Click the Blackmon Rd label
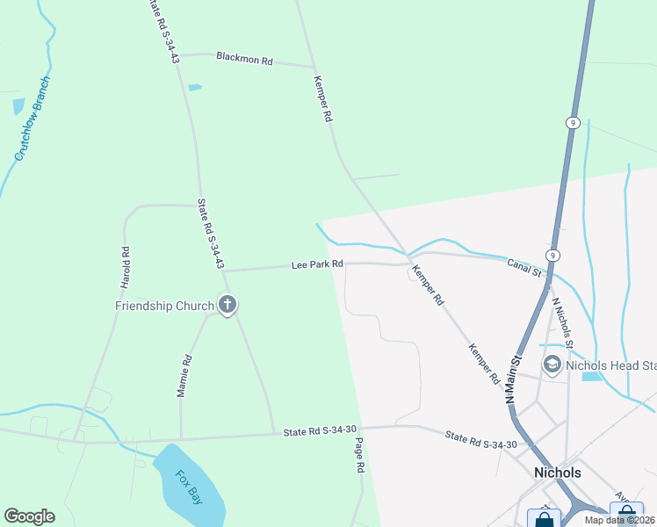pos(245,60)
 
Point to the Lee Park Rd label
pos(317,264)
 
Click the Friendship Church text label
pos(164,306)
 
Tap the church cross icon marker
pos(227,306)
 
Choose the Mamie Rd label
pos(185,376)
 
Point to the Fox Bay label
pos(188,487)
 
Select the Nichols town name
pos(558,473)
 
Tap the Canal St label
pos(525,266)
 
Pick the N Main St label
pos(514,379)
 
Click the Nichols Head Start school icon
pos(552,365)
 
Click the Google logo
pos(29,516)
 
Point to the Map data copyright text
pos(619,520)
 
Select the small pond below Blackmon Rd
pos(194,87)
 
